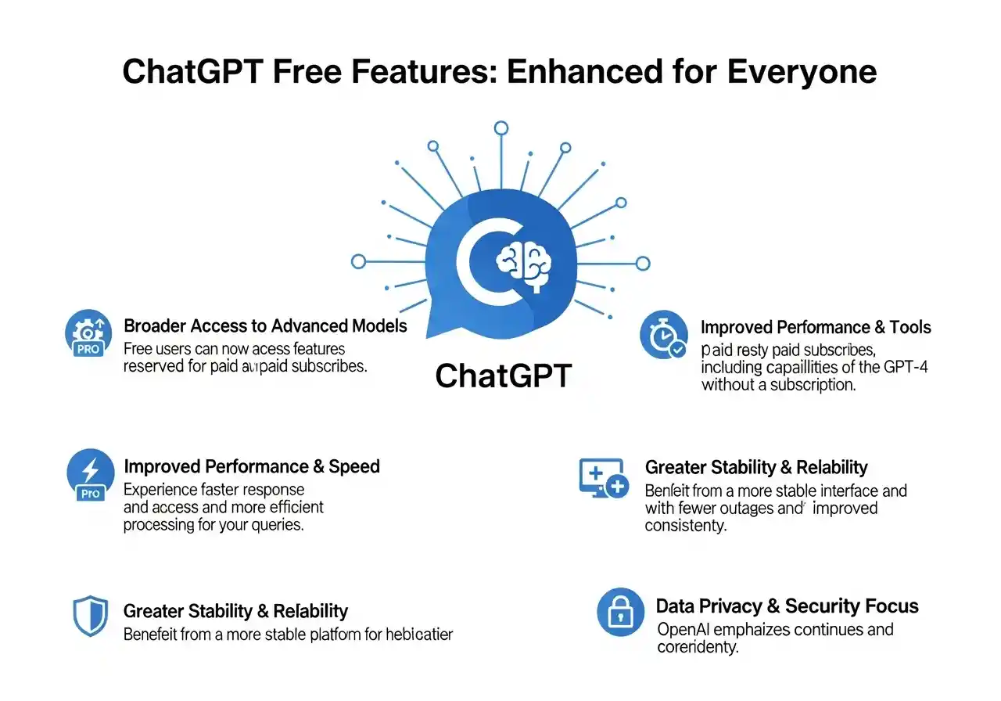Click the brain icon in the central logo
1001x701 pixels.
coord(524,261)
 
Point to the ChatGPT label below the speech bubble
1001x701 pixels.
coord(504,376)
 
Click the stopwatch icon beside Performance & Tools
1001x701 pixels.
coord(663,335)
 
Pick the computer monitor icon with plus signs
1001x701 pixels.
coord(602,477)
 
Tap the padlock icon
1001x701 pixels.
coord(620,612)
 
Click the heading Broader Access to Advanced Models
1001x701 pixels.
coord(265,325)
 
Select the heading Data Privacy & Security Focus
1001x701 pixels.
coord(787,606)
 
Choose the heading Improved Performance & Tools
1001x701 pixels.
coord(816,327)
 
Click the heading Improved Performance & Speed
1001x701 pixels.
coord(252,467)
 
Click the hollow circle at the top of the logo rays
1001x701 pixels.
coord(501,128)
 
